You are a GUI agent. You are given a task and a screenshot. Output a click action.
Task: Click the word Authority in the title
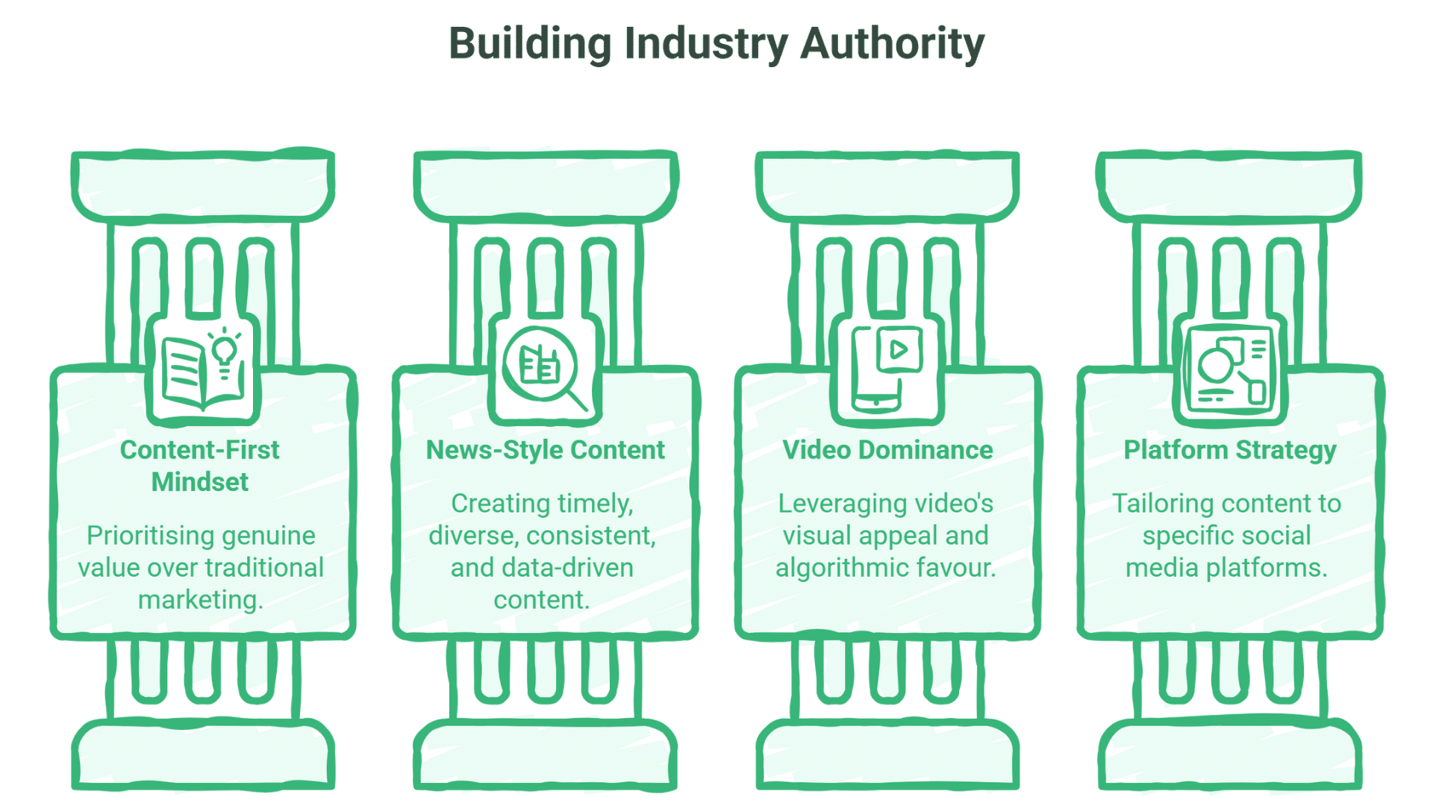point(893,43)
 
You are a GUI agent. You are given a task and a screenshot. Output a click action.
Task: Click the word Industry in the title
point(705,43)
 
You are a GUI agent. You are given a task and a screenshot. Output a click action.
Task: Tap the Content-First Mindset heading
point(200,466)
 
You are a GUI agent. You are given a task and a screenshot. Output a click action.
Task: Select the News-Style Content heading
point(545,450)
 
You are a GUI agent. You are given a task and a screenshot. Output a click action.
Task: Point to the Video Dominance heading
point(887,450)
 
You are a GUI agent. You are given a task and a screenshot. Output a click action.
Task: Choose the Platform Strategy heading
point(1230,450)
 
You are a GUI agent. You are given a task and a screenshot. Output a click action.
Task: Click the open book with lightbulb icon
point(203,369)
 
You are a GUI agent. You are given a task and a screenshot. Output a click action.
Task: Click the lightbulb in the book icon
point(225,352)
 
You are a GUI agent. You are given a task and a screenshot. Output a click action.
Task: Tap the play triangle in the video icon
point(899,349)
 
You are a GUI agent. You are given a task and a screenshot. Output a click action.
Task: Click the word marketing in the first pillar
point(200,600)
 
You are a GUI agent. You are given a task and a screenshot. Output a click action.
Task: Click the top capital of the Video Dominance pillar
point(887,184)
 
